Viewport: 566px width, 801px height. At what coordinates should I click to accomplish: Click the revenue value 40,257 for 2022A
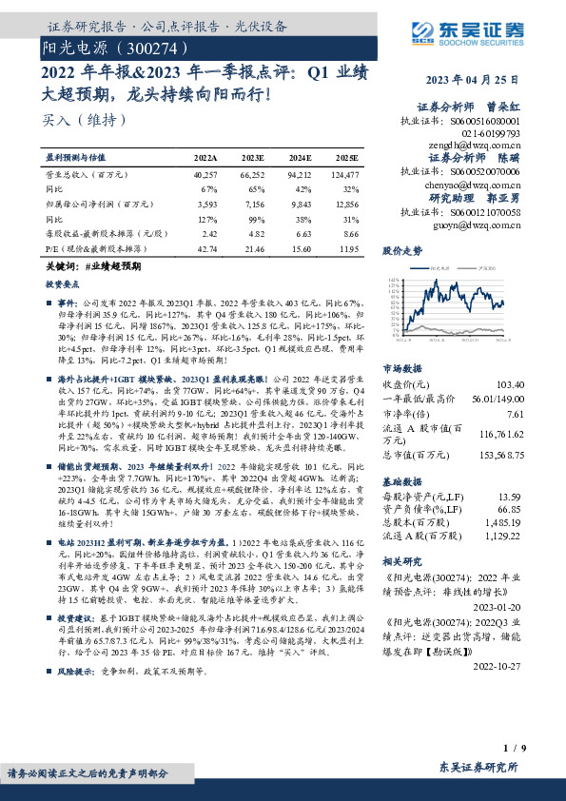(x=205, y=175)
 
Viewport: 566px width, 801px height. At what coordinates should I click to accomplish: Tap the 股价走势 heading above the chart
(x=403, y=252)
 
